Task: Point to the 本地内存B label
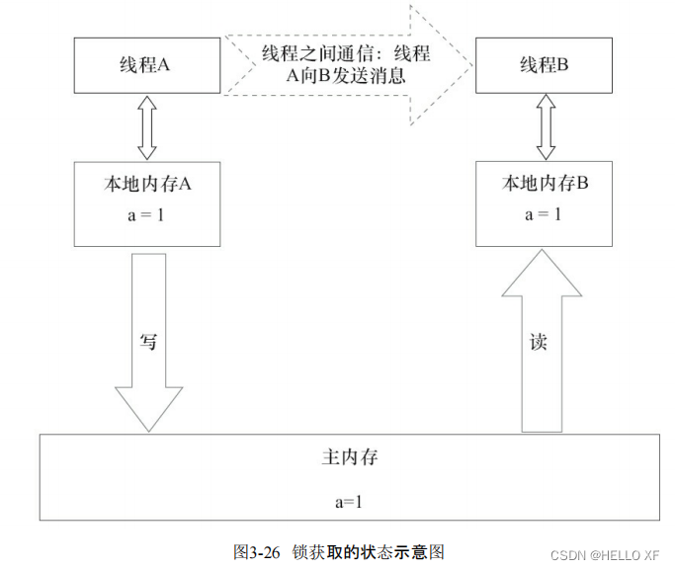pyautogui.click(x=546, y=185)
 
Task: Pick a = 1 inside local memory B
pyautogui.click(x=546, y=213)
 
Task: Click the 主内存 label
pyautogui.click(x=350, y=458)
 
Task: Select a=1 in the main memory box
pyautogui.click(x=349, y=500)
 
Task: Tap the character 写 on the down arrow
pyautogui.click(x=148, y=341)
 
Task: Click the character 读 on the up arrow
pyautogui.click(x=539, y=342)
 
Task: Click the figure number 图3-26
pyautogui.click(x=257, y=551)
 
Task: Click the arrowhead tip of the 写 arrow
pyautogui.click(x=149, y=430)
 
